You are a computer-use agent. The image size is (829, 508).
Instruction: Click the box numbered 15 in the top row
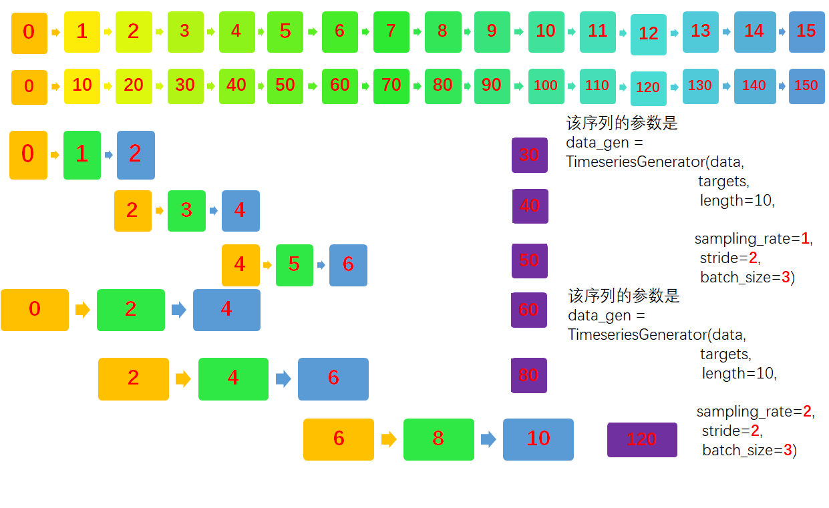tap(806, 31)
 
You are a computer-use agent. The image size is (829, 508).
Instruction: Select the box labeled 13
tap(700, 31)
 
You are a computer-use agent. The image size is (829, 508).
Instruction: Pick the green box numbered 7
tap(391, 31)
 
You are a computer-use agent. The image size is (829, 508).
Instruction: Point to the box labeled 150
tap(806, 86)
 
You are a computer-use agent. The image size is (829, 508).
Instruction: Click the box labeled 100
tap(546, 86)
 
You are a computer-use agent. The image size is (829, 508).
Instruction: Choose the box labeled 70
tap(391, 86)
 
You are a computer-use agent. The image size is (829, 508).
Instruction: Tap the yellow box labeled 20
tap(133, 86)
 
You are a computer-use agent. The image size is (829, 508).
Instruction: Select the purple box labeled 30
tap(529, 155)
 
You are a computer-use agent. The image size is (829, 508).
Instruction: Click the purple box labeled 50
tap(529, 260)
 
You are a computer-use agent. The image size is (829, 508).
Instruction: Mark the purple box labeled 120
tap(641, 439)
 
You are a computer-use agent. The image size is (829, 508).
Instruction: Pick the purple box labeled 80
tap(528, 375)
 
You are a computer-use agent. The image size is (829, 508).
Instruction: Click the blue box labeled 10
tap(538, 439)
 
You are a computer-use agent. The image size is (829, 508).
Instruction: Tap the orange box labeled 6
tap(338, 439)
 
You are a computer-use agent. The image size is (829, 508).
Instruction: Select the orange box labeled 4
tap(240, 264)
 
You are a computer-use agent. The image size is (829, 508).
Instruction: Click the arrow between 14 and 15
tap(782, 31)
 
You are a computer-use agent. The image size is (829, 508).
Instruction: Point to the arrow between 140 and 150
tap(782, 86)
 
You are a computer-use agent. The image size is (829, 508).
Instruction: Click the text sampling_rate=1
tap(753, 239)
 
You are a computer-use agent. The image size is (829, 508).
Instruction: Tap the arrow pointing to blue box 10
tap(488, 439)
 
